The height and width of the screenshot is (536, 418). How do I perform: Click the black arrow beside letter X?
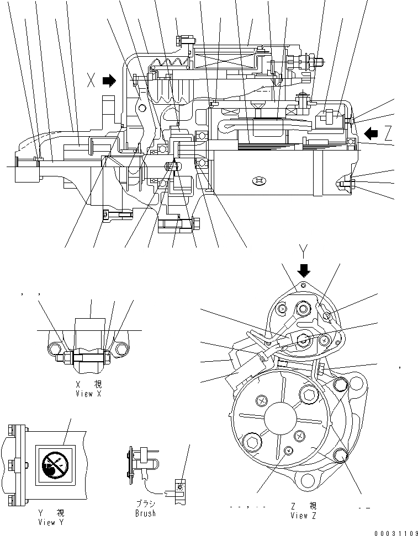(x=110, y=82)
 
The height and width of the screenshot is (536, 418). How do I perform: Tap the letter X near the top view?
(x=92, y=82)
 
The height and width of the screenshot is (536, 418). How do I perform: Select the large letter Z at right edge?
(x=389, y=133)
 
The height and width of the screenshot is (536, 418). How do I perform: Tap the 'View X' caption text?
(x=89, y=394)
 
